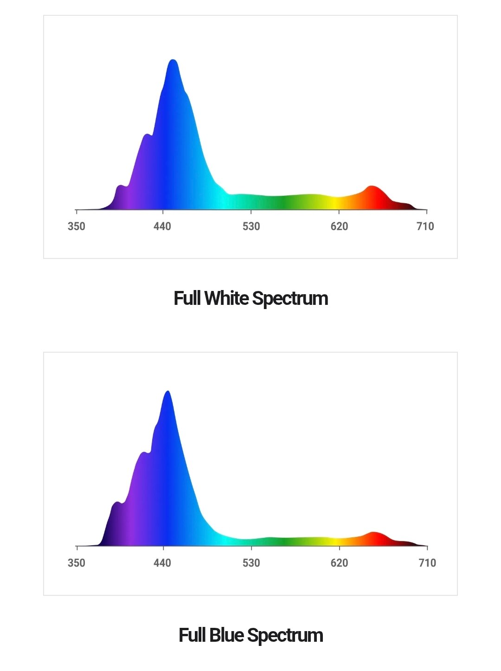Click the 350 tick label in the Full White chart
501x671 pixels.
[77, 226]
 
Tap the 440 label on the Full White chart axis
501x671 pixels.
[162, 226]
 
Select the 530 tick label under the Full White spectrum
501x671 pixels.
[251, 226]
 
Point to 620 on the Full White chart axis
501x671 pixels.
[339, 226]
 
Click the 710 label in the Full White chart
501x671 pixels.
[425, 226]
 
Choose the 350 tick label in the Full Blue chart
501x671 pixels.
[77, 563]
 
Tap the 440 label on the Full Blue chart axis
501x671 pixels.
[162, 563]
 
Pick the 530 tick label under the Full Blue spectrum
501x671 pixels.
[251, 563]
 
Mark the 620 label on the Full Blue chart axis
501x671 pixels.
[339, 563]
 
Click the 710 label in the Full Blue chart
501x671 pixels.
[427, 563]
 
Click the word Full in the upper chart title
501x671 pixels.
[187, 298]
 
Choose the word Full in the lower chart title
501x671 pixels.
[192, 635]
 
